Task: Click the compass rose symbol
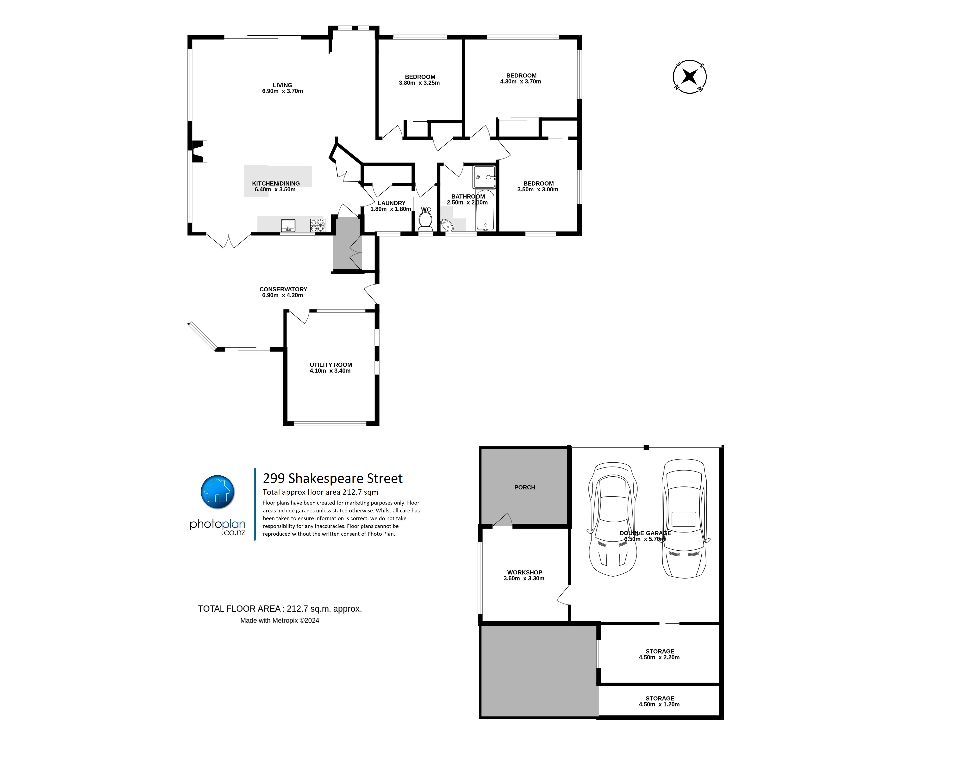(x=689, y=77)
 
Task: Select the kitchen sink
(x=288, y=225)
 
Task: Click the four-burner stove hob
(x=317, y=225)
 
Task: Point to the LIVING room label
(x=282, y=85)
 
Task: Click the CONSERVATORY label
(x=283, y=289)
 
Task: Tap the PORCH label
(x=524, y=487)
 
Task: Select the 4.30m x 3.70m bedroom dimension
(x=520, y=82)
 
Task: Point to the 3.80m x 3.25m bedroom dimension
(x=419, y=83)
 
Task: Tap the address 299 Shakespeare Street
(x=333, y=478)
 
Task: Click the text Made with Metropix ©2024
(x=280, y=621)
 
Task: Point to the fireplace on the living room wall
(x=198, y=151)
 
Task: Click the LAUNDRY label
(x=391, y=203)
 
